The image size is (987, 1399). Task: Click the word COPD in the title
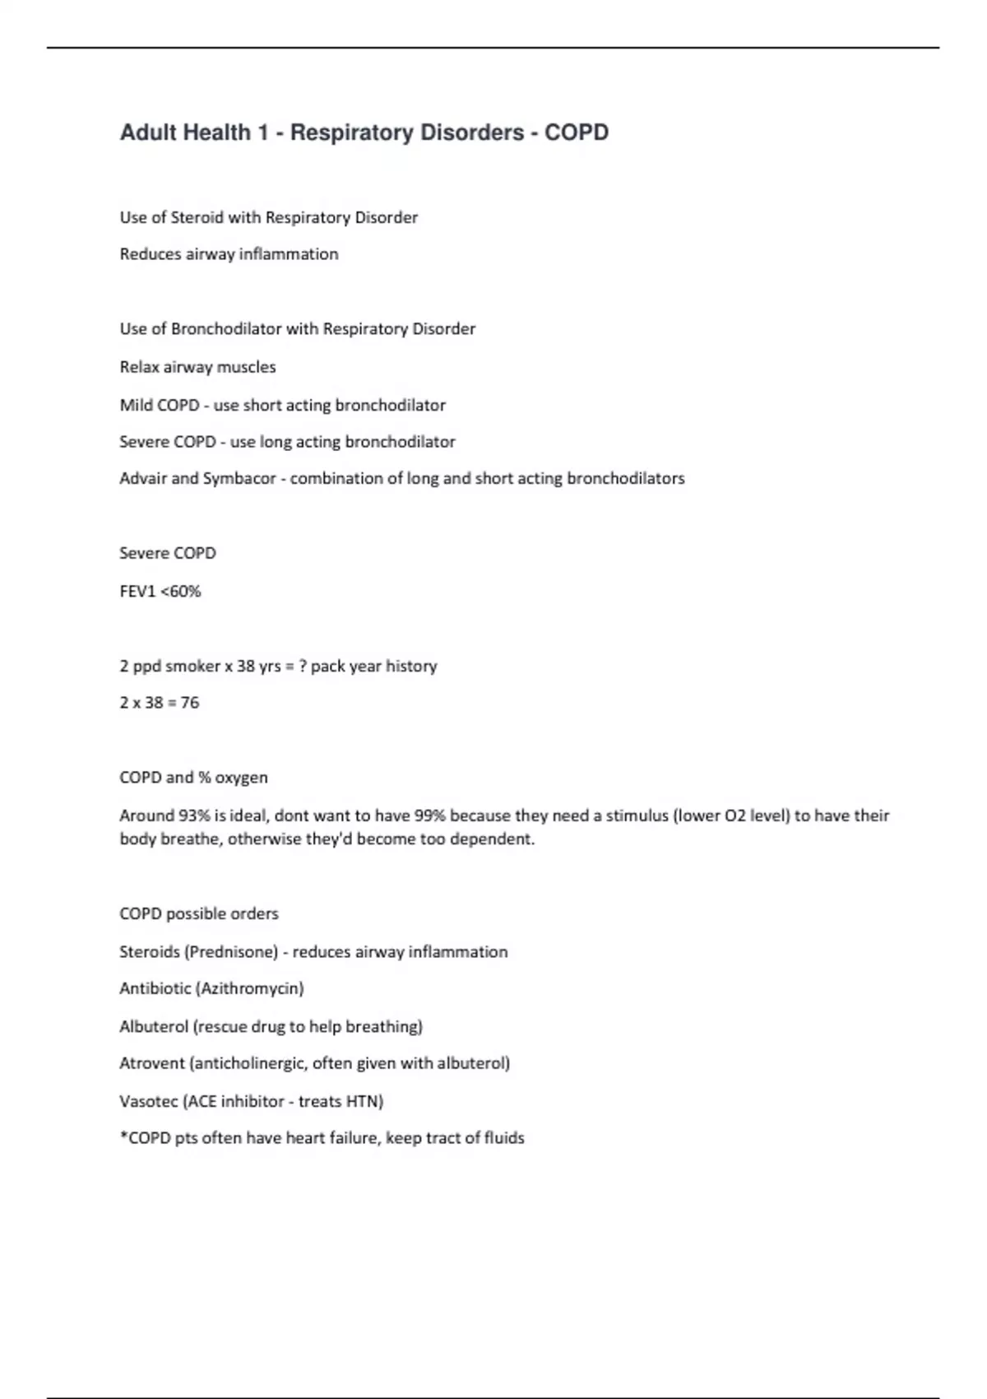click(x=576, y=132)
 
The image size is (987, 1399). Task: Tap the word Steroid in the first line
click(x=197, y=218)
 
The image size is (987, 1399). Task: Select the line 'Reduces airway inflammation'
click(x=229, y=254)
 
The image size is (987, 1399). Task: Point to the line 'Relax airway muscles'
click(x=197, y=367)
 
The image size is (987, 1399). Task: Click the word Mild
click(x=136, y=405)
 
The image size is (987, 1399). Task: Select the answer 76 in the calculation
click(x=190, y=703)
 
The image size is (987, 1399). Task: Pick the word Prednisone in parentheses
click(x=234, y=952)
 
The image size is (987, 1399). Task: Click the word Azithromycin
click(x=250, y=988)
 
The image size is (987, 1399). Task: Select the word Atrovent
click(x=152, y=1063)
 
